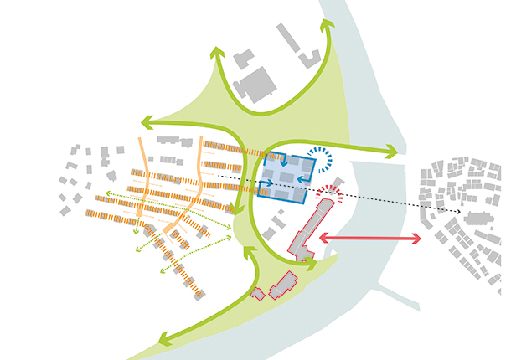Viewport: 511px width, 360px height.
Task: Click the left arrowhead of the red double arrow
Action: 323,239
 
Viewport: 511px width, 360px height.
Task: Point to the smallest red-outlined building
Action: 258,293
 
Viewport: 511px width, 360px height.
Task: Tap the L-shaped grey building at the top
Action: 311,58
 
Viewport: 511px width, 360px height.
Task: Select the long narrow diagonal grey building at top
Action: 288,37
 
